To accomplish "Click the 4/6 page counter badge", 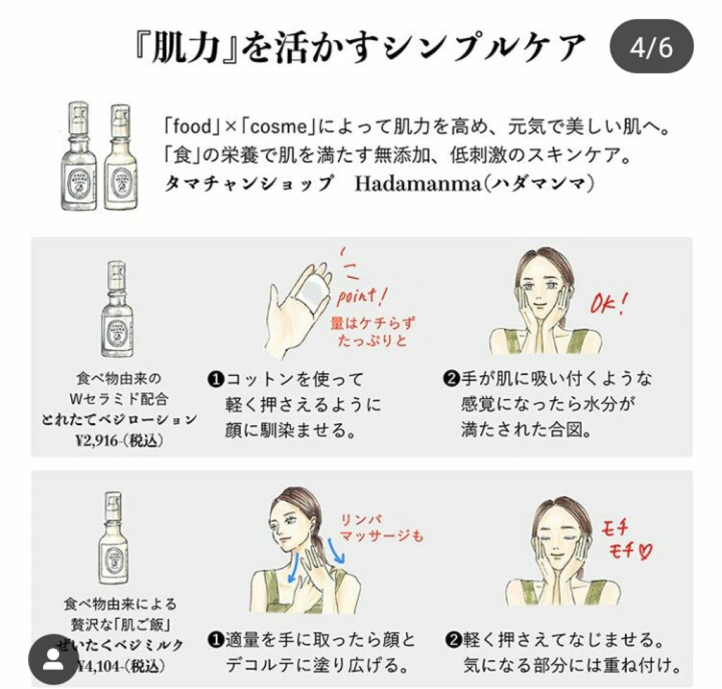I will point(651,48).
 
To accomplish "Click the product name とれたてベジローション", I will point(118,418).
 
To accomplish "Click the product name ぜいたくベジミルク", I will point(121,645).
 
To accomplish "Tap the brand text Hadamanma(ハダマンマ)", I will point(475,183).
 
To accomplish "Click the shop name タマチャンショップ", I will point(247,183).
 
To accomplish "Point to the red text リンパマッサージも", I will point(381,527).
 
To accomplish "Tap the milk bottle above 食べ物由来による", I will point(114,542).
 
